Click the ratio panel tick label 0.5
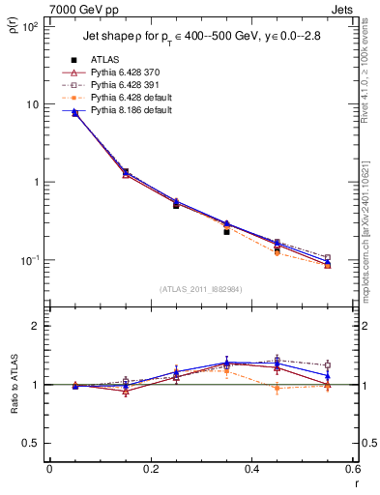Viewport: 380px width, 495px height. point(33,443)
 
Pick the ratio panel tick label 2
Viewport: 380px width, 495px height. point(37,326)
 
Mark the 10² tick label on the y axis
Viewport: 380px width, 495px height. point(31,27)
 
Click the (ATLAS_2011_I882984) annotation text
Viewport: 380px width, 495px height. point(200,290)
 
